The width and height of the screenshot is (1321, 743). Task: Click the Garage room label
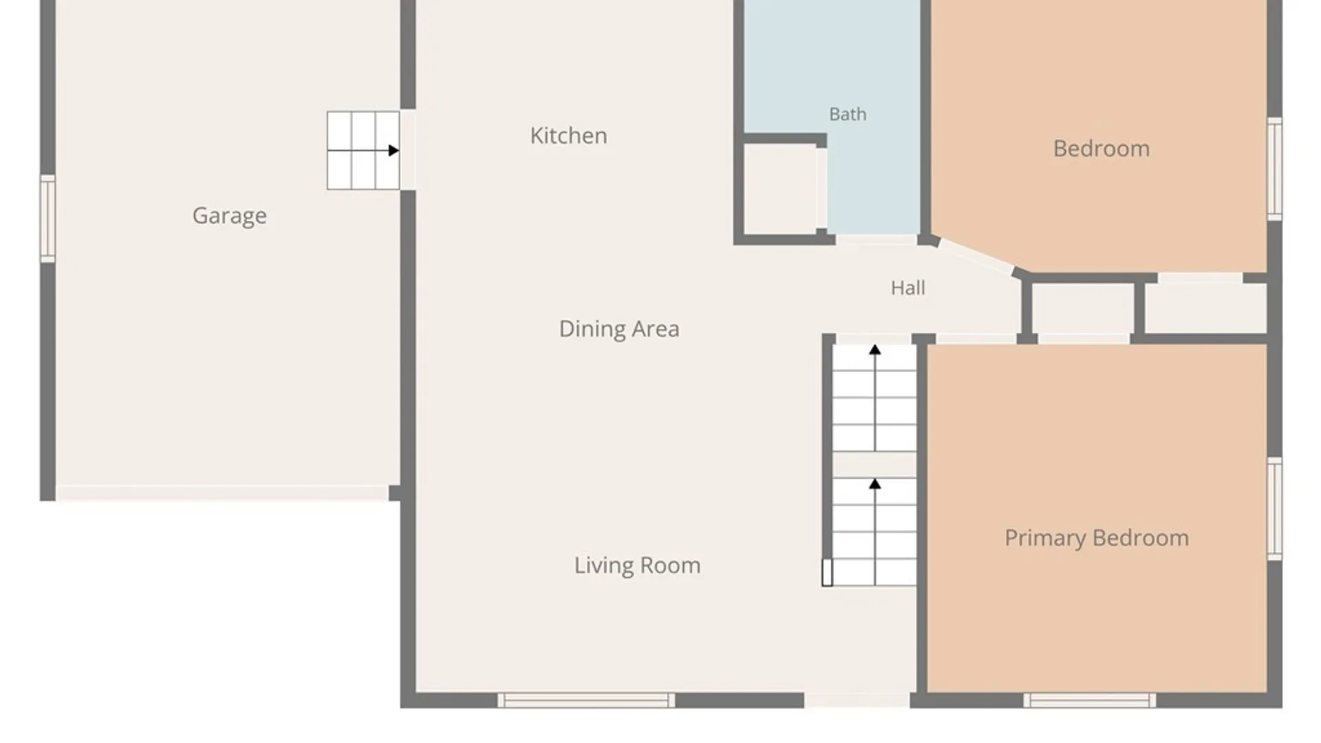click(229, 216)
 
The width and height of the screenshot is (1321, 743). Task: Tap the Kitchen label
click(568, 136)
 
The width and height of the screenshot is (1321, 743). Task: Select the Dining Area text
click(619, 329)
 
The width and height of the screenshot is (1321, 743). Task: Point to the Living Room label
click(637, 566)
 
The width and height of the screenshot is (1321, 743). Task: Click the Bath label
click(848, 114)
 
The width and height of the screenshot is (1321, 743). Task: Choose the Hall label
click(907, 288)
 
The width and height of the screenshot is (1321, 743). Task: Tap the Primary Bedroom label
click(1097, 538)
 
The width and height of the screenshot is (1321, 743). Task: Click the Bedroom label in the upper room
click(1102, 149)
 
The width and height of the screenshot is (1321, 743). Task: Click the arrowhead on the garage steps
click(394, 150)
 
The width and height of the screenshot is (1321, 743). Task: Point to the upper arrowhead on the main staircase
click(874, 349)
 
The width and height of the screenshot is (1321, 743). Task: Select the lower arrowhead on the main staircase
click(874, 484)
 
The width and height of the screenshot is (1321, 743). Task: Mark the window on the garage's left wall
click(47, 218)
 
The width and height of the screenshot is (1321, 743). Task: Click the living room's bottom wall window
click(586, 700)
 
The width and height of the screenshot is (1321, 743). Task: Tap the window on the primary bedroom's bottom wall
click(1090, 700)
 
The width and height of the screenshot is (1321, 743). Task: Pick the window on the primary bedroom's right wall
click(1275, 508)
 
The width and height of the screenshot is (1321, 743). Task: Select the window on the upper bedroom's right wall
click(1275, 169)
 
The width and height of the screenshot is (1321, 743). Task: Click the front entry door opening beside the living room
click(857, 700)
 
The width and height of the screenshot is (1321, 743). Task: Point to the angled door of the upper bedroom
click(976, 257)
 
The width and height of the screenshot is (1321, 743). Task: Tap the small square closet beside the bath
click(781, 190)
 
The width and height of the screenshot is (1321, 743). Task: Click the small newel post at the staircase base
click(827, 572)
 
